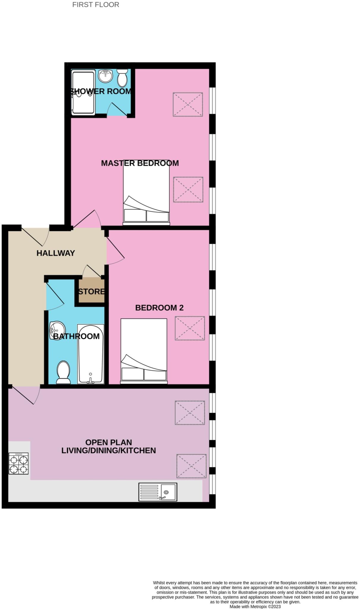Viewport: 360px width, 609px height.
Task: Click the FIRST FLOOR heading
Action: pyautogui.click(x=95, y=5)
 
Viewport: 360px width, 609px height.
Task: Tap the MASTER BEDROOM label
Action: pyautogui.click(x=140, y=163)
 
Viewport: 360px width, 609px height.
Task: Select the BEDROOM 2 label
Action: pyautogui.click(x=159, y=307)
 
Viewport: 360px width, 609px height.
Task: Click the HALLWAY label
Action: pyautogui.click(x=56, y=253)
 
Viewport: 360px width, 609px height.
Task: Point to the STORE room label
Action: pyautogui.click(x=91, y=291)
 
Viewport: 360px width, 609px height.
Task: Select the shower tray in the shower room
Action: pyautogui.click(x=83, y=92)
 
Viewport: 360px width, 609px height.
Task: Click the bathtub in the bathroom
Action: pyautogui.click(x=91, y=354)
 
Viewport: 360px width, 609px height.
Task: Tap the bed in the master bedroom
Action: pyautogui.click(x=146, y=193)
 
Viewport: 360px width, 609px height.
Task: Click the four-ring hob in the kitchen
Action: pyautogui.click(x=19, y=463)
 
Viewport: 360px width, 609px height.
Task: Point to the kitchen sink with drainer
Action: pyautogui.click(x=158, y=492)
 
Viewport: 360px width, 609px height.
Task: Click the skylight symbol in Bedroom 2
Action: pyautogui.click(x=190, y=328)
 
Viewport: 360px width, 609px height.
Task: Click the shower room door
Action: pyautogui.click(x=117, y=109)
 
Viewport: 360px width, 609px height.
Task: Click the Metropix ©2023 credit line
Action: pyautogui.click(x=255, y=607)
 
